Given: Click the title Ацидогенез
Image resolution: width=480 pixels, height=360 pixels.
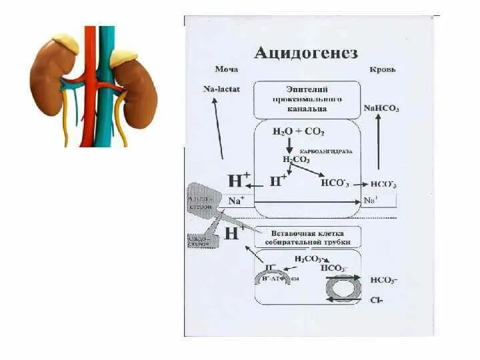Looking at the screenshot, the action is pos(305,53).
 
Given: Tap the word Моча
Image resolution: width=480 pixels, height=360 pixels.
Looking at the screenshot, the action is pos(226,69).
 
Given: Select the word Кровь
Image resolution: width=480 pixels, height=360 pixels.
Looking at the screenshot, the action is pos(383,69).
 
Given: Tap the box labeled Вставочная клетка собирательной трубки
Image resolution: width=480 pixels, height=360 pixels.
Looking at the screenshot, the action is pos(307,237).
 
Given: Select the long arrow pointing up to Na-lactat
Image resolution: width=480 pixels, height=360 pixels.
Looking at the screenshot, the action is pos(217,127).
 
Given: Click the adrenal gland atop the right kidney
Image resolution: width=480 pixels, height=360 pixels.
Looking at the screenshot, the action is pos(124,58).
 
